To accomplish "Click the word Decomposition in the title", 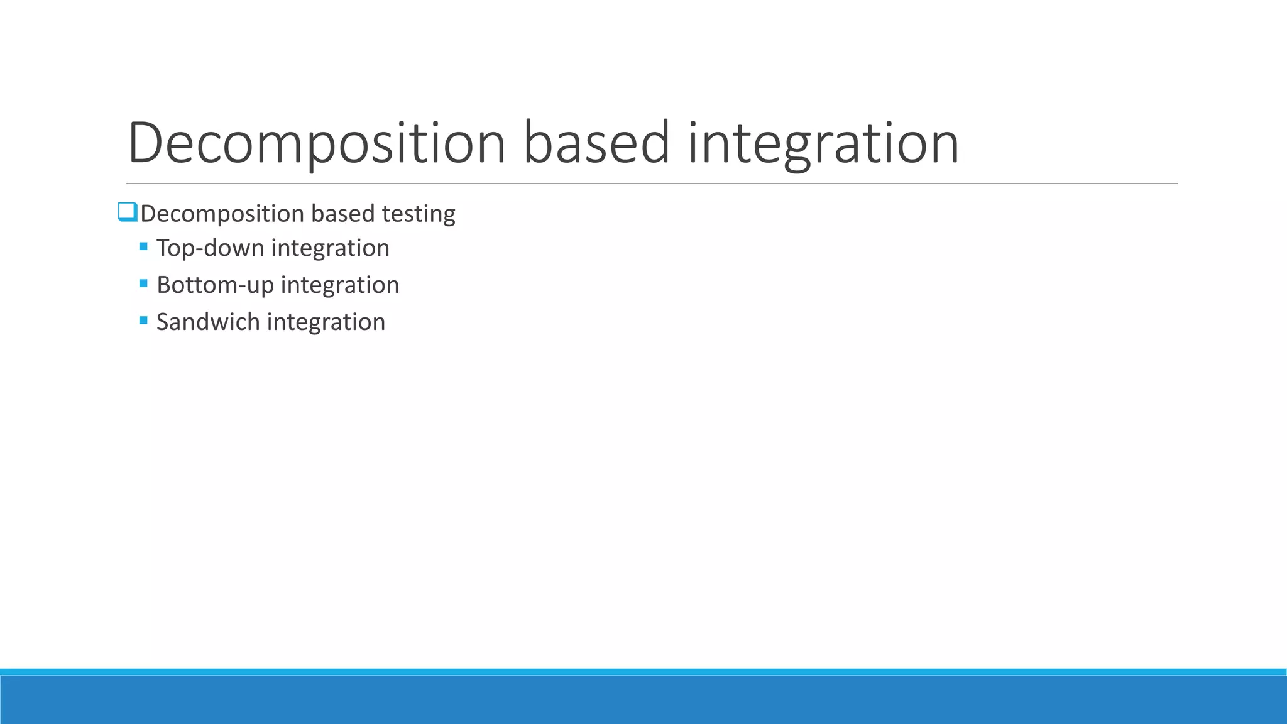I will (316, 143).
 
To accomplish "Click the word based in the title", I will (596, 143).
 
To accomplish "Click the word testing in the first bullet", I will (419, 214).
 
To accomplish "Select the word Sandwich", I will (207, 322).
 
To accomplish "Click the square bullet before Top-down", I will (143, 246).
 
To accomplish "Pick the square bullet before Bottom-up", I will (143, 283).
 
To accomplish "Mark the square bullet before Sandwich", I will (143, 321).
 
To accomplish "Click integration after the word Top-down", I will (330, 248).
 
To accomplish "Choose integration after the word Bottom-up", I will (339, 285).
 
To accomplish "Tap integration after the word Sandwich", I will (326, 322).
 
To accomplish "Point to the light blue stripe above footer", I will (643, 672).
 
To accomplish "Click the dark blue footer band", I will (643, 700).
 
